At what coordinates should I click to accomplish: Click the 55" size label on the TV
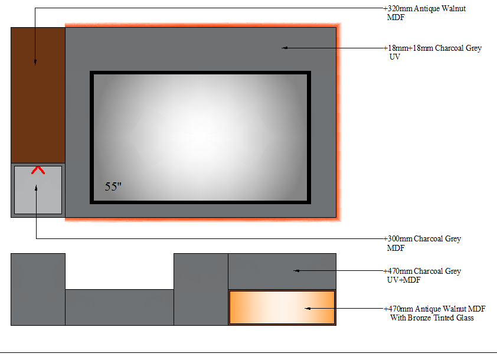click(x=113, y=186)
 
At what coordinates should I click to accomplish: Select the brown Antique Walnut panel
click(x=38, y=95)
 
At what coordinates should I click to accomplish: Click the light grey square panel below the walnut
click(x=38, y=190)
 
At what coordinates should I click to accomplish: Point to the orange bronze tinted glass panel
click(x=282, y=307)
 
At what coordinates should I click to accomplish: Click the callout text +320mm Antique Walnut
click(x=424, y=8)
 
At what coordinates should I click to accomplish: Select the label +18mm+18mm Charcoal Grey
click(x=432, y=48)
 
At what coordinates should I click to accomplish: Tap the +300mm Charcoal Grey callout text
click(x=422, y=238)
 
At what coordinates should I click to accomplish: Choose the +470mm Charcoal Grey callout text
click(x=422, y=271)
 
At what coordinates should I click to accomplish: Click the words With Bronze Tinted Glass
click(x=432, y=318)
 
